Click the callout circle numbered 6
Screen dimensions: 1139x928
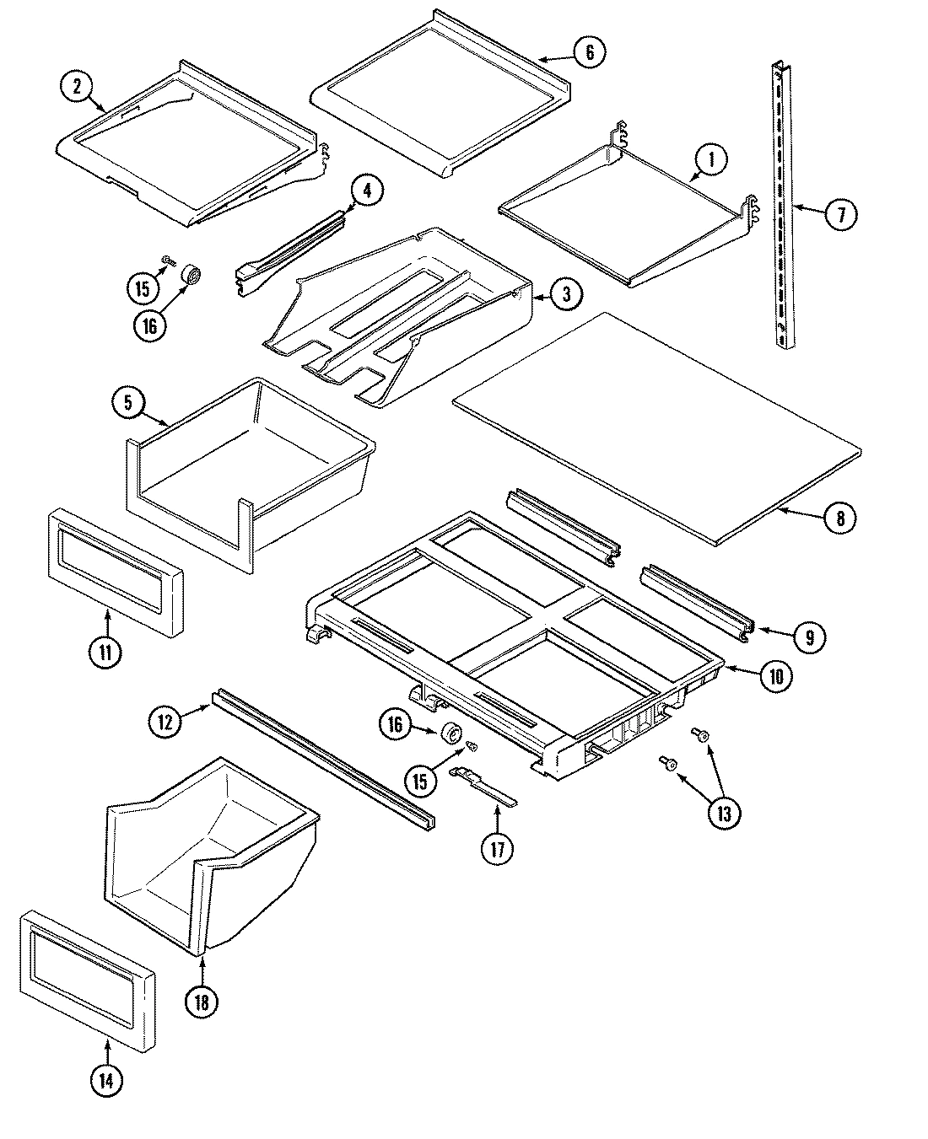click(x=589, y=52)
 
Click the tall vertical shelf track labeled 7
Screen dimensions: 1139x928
click(x=782, y=202)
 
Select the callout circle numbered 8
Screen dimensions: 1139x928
click(x=839, y=518)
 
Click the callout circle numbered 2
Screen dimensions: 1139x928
click(x=77, y=87)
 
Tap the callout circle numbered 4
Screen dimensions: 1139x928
click(x=366, y=191)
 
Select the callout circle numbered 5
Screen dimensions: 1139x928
click(x=128, y=403)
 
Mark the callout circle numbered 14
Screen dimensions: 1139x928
click(x=105, y=1082)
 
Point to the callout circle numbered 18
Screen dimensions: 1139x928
click(x=202, y=1002)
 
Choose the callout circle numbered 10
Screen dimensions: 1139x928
click(x=775, y=675)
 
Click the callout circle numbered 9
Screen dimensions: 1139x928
click(x=809, y=637)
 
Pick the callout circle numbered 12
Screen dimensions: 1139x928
click(x=166, y=722)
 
